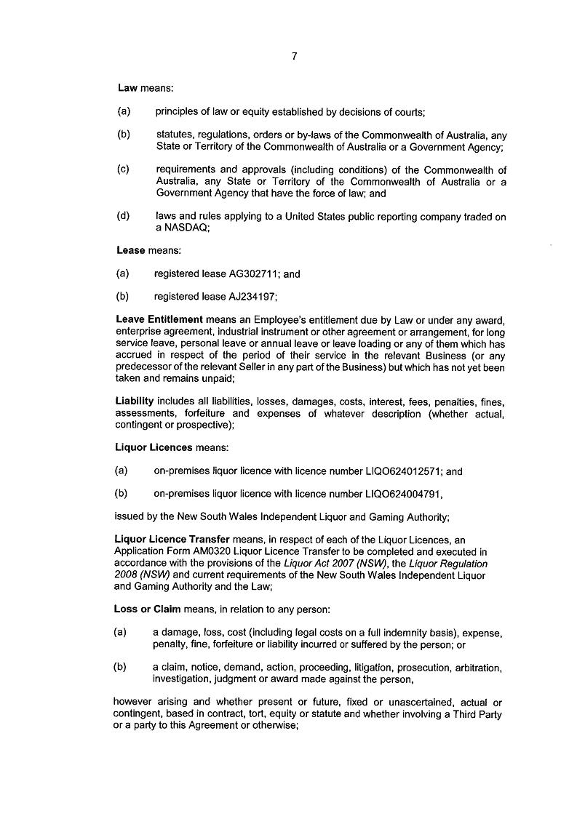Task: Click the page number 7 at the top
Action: (x=294, y=55)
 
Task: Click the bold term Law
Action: (x=127, y=88)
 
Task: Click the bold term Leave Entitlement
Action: (x=159, y=319)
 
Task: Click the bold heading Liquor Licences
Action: (x=154, y=447)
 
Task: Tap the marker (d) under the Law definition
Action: (x=124, y=216)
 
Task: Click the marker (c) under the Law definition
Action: (x=124, y=169)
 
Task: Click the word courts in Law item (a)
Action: (x=410, y=112)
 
